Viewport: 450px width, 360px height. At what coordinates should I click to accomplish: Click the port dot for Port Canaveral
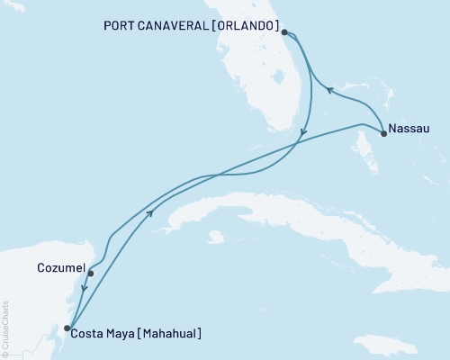[284, 32]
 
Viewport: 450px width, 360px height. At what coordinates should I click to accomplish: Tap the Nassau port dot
[384, 134]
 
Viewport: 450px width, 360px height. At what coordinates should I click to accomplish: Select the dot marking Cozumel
[91, 273]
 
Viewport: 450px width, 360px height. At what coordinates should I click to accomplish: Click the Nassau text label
[410, 128]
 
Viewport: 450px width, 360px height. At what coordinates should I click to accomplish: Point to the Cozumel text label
[62, 268]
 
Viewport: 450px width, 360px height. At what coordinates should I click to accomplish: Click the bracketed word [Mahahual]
[169, 334]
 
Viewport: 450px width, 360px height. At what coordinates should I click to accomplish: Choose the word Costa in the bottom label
[91, 334]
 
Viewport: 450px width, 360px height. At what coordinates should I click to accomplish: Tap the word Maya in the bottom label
[122, 334]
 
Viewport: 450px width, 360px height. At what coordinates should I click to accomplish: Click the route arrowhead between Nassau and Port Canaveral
[329, 90]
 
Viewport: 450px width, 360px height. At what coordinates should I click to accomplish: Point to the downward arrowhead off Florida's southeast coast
[303, 133]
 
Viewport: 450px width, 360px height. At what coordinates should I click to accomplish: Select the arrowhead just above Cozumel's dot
[84, 289]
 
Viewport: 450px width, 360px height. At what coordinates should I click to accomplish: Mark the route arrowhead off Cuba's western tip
[149, 212]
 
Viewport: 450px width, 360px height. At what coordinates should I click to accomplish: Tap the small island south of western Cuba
[214, 238]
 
